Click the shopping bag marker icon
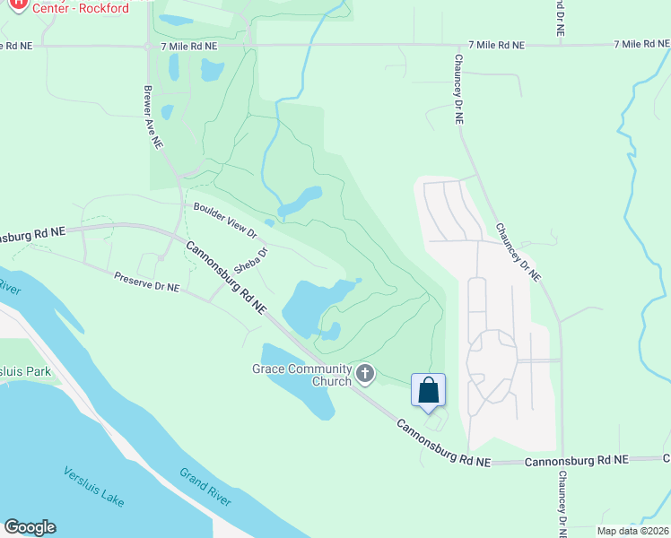click(x=429, y=390)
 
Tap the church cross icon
click(x=364, y=374)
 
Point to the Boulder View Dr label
click(x=225, y=220)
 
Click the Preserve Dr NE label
click(x=147, y=282)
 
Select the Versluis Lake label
click(x=94, y=486)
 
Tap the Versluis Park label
click(x=25, y=371)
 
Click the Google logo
click(x=30, y=527)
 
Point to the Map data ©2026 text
click(x=632, y=531)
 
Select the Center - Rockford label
click(x=81, y=9)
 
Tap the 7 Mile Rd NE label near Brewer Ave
click(x=189, y=45)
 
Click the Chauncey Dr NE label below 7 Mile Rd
click(x=458, y=87)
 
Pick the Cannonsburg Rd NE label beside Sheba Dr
click(x=226, y=277)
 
